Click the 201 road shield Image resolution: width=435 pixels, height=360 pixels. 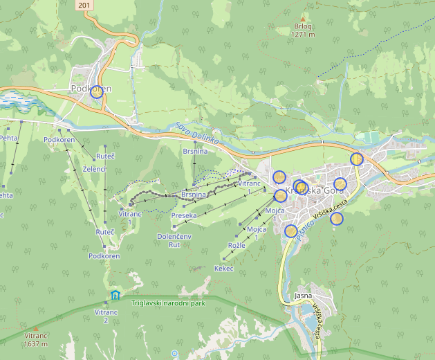coord(83,5)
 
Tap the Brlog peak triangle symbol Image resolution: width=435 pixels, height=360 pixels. coord(302,19)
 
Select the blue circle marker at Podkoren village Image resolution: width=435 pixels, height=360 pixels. coord(97,91)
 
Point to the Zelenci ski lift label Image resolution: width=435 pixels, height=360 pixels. coord(95,169)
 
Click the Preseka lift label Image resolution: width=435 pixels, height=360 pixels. coord(184,215)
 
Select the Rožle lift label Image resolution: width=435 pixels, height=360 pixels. coord(237,246)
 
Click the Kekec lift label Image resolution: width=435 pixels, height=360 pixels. coord(224,268)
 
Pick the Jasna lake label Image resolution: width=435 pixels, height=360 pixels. coord(303,296)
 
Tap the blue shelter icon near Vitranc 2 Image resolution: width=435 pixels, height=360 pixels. coord(115,296)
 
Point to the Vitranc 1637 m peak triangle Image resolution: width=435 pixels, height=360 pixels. coord(35,328)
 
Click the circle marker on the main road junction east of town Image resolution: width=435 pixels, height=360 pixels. coord(356,159)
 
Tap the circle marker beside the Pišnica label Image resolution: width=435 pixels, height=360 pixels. coord(291,231)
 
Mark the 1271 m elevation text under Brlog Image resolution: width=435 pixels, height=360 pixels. coord(303,34)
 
